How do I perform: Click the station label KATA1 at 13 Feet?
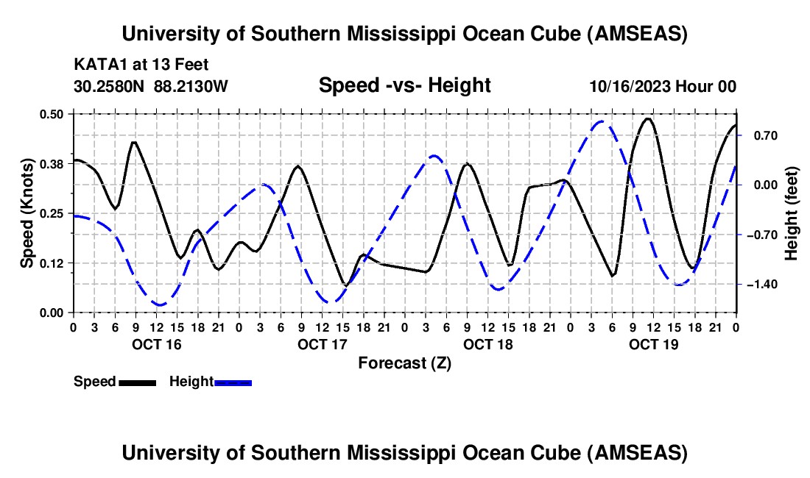[131, 63]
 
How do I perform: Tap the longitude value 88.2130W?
[191, 86]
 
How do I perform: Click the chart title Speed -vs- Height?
[404, 85]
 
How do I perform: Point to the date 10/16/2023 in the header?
[630, 86]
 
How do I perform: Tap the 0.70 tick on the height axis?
[758, 135]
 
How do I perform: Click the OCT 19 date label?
[653, 343]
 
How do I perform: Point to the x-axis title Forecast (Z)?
[404, 363]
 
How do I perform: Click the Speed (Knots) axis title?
[27, 213]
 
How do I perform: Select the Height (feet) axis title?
[792, 213]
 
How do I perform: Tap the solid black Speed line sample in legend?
[137, 382]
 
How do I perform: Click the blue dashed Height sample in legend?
[233, 382]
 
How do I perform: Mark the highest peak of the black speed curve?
[648, 118]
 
